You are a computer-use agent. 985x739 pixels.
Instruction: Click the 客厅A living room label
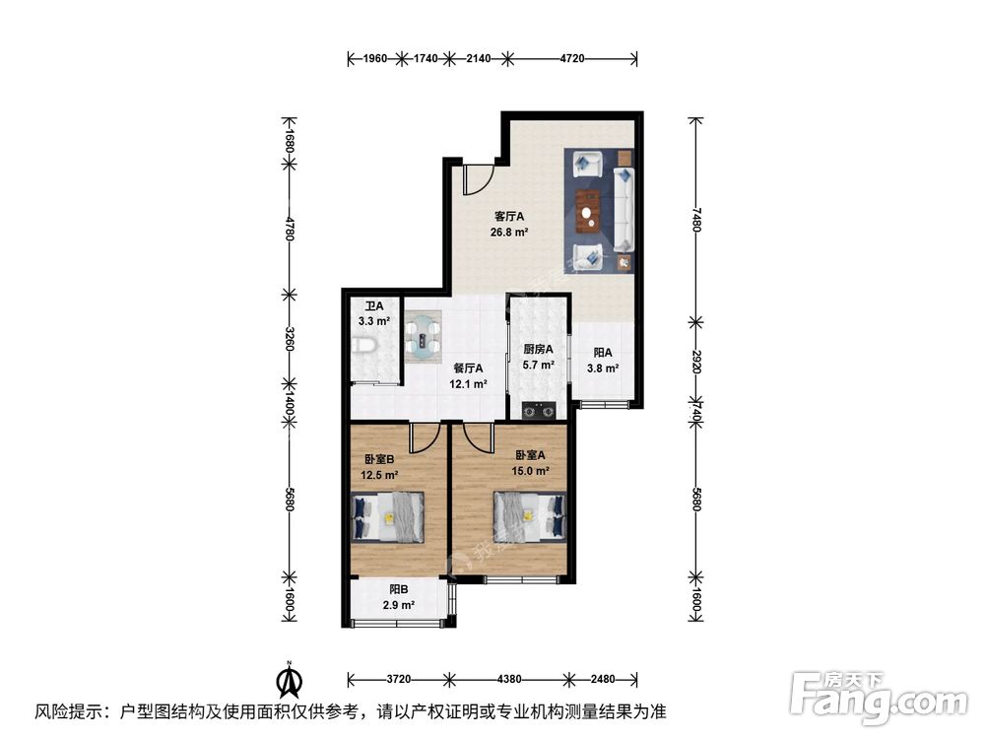click(508, 217)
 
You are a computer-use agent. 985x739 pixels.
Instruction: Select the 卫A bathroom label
click(373, 306)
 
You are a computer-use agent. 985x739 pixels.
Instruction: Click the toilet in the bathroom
click(363, 346)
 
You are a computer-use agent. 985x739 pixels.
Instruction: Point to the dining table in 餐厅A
click(426, 333)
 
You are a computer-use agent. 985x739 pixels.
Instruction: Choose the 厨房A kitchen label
click(538, 349)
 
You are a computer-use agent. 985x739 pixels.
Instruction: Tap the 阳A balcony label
click(603, 353)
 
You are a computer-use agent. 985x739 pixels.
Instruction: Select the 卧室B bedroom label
click(379, 459)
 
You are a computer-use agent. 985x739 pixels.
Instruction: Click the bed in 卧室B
click(389, 516)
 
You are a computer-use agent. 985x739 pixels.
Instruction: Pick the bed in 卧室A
click(530, 514)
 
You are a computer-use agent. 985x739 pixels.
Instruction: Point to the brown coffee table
click(589, 208)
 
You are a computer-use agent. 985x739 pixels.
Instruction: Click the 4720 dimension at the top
click(572, 59)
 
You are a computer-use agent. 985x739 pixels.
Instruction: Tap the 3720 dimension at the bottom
click(398, 678)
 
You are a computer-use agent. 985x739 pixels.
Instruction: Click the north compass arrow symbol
click(289, 679)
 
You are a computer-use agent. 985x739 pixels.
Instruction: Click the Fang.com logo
click(882, 696)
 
